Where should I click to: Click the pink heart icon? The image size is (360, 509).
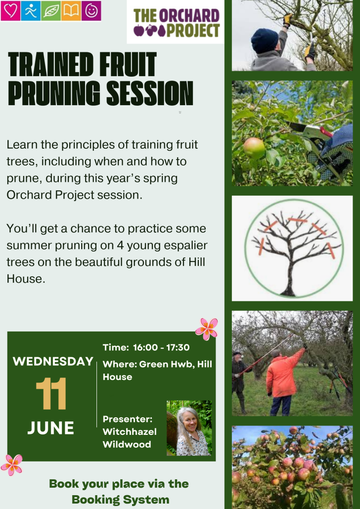10,11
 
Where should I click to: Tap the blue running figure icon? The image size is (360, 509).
31,11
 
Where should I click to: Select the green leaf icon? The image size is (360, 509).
50,11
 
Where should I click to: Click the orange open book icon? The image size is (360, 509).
71,11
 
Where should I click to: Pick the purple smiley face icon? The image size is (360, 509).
91,11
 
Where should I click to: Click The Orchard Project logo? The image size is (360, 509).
176,22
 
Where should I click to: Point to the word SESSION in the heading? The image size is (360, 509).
150,93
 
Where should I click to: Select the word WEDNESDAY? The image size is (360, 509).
53,361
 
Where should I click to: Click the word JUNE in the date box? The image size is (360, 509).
50,428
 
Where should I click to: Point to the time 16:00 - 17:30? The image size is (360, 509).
161,347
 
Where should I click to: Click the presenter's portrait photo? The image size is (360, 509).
189,428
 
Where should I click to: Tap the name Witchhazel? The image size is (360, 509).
130,431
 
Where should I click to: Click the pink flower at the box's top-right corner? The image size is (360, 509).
207,329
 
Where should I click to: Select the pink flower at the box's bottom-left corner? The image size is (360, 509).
12,465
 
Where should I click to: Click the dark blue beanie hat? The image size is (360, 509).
264,40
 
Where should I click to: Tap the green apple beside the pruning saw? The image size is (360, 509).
254,148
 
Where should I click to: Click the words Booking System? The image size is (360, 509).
121,499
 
